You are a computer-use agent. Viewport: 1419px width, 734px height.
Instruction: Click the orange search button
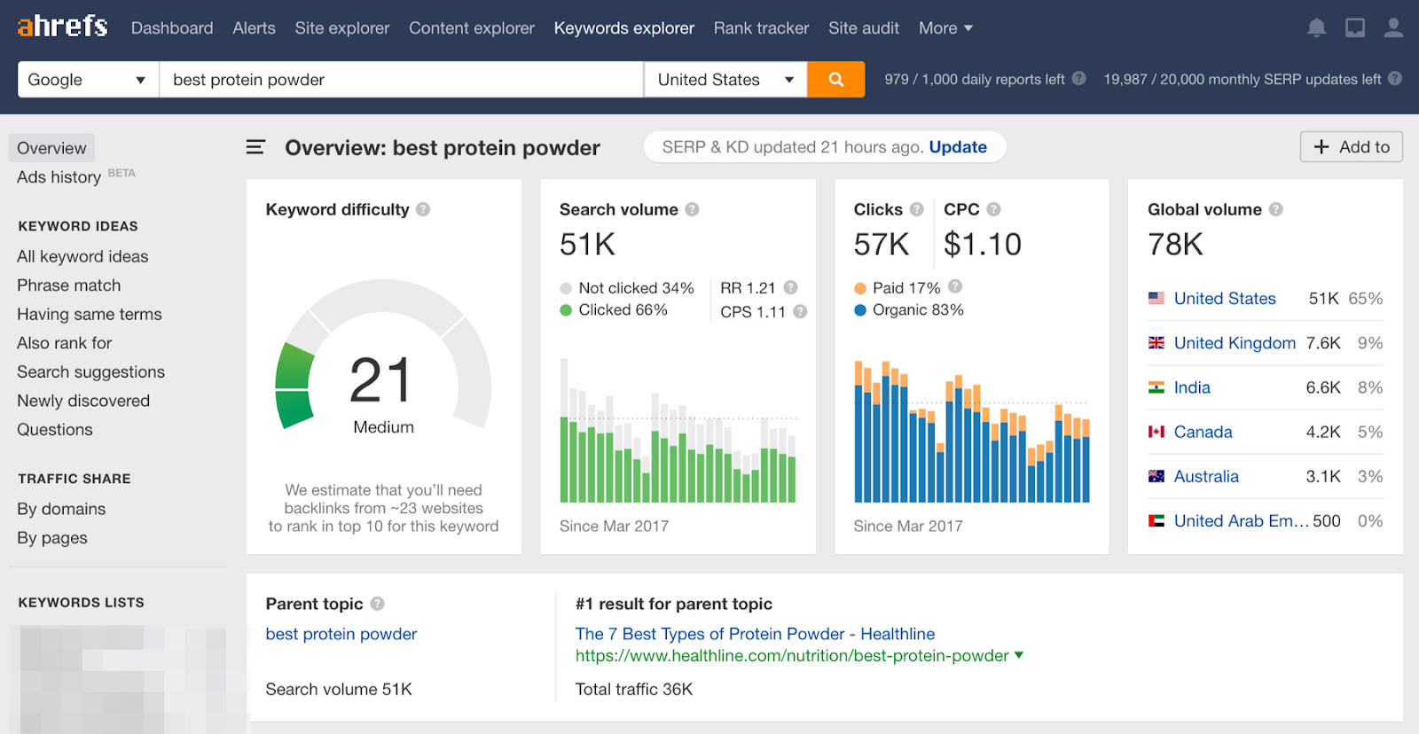835,80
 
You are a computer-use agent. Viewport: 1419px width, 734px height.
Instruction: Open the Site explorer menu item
341,28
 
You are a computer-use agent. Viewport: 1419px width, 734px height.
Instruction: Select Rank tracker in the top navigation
761,28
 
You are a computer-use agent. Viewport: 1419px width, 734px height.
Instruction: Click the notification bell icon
1316,28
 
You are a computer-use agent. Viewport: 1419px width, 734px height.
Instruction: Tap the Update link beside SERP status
957,147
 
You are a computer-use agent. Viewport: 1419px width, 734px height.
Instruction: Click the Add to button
1351,147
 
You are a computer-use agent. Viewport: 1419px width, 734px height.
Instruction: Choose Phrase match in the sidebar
68,285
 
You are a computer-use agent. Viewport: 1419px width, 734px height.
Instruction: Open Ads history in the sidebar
59,177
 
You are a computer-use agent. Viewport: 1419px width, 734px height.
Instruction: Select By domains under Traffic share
61,509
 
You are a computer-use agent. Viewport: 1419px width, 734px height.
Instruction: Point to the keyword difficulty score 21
381,380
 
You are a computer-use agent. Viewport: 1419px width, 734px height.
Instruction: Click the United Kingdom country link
1234,343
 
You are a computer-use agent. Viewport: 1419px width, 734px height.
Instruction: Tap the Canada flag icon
1156,432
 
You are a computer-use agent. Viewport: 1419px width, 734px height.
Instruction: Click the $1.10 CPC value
982,244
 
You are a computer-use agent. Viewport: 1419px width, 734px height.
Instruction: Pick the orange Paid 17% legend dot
860,288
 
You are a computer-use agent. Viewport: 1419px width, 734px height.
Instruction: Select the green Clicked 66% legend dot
566,310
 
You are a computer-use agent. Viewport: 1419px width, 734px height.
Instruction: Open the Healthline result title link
755,634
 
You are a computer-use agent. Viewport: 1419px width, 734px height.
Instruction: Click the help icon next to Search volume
692,209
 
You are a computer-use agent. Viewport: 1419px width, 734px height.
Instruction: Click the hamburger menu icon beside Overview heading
255,147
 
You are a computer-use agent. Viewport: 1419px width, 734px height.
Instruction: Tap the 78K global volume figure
1175,244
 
